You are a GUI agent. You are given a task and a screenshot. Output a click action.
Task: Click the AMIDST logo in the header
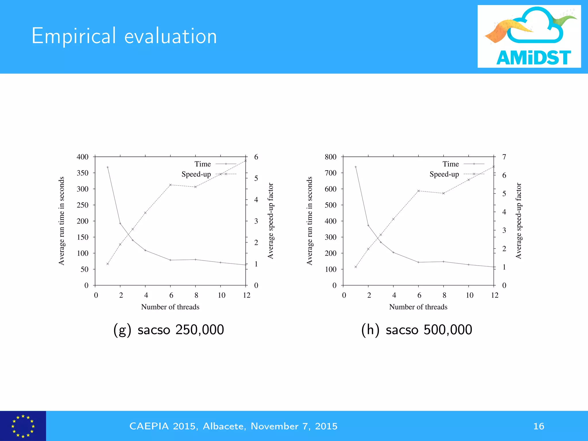[x=529, y=36]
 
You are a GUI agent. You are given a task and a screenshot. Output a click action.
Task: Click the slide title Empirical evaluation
[x=124, y=36]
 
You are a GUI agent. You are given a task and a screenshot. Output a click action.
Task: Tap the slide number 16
[x=539, y=426]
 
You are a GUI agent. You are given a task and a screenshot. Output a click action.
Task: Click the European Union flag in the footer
[x=23, y=426]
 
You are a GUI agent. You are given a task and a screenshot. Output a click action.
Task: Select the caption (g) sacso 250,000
[x=169, y=330]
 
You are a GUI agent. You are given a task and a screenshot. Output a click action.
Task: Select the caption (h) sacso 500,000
[x=417, y=330]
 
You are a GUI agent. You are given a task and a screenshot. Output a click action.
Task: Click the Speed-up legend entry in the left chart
[x=196, y=174]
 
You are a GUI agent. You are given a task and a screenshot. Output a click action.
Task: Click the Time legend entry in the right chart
[x=450, y=164]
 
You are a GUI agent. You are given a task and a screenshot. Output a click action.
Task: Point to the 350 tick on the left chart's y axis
[x=83, y=173]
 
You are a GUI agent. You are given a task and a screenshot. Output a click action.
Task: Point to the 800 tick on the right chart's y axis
[x=330, y=157]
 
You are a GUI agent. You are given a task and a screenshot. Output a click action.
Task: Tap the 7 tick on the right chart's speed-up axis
[x=504, y=157]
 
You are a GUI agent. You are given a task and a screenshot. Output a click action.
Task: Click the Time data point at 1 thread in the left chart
[x=108, y=167]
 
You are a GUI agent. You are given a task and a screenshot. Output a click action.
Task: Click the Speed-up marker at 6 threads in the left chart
[x=170, y=185]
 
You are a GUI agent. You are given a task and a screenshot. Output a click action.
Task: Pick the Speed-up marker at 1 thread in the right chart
[x=356, y=267]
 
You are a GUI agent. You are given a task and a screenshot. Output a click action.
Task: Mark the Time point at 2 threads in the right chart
[x=368, y=225]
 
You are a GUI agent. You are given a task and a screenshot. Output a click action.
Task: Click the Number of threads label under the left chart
[x=170, y=307]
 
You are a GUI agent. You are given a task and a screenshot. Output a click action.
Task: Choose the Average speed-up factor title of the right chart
[x=518, y=221]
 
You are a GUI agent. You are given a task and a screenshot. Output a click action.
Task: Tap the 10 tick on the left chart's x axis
[x=221, y=295]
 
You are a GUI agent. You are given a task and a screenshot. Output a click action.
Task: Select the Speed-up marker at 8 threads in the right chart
[x=444, y=193]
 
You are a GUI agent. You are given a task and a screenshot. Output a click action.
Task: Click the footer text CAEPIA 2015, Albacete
[x=233, y=426]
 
